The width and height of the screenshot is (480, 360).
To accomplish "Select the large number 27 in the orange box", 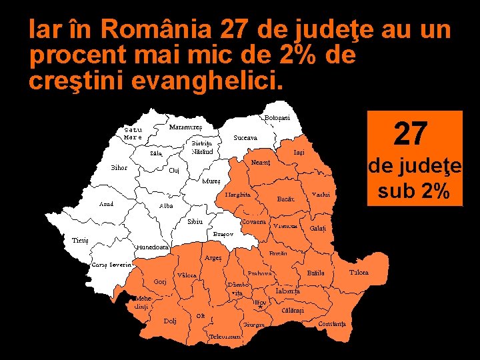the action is (411, 133).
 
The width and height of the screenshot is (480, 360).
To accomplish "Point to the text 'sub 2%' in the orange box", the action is (413, 191).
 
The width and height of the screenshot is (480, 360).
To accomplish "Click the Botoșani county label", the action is (277, 118).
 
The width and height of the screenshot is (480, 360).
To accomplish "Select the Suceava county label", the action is (245, 138).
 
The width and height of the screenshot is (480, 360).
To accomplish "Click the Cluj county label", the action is (174, 170).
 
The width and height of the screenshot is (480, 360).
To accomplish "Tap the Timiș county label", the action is (81, 240).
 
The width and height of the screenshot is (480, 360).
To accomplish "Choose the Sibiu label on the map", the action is (195, 221).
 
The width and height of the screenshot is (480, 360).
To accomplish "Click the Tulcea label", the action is (359, 272).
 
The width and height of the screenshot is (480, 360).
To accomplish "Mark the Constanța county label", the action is (332, 323).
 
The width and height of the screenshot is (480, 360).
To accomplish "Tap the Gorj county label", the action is (160, 281).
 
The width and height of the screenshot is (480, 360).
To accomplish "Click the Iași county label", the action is (299, 153).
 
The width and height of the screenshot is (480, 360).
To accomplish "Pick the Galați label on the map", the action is (318, 228).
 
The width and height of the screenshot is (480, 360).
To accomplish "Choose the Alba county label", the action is (167, 206).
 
